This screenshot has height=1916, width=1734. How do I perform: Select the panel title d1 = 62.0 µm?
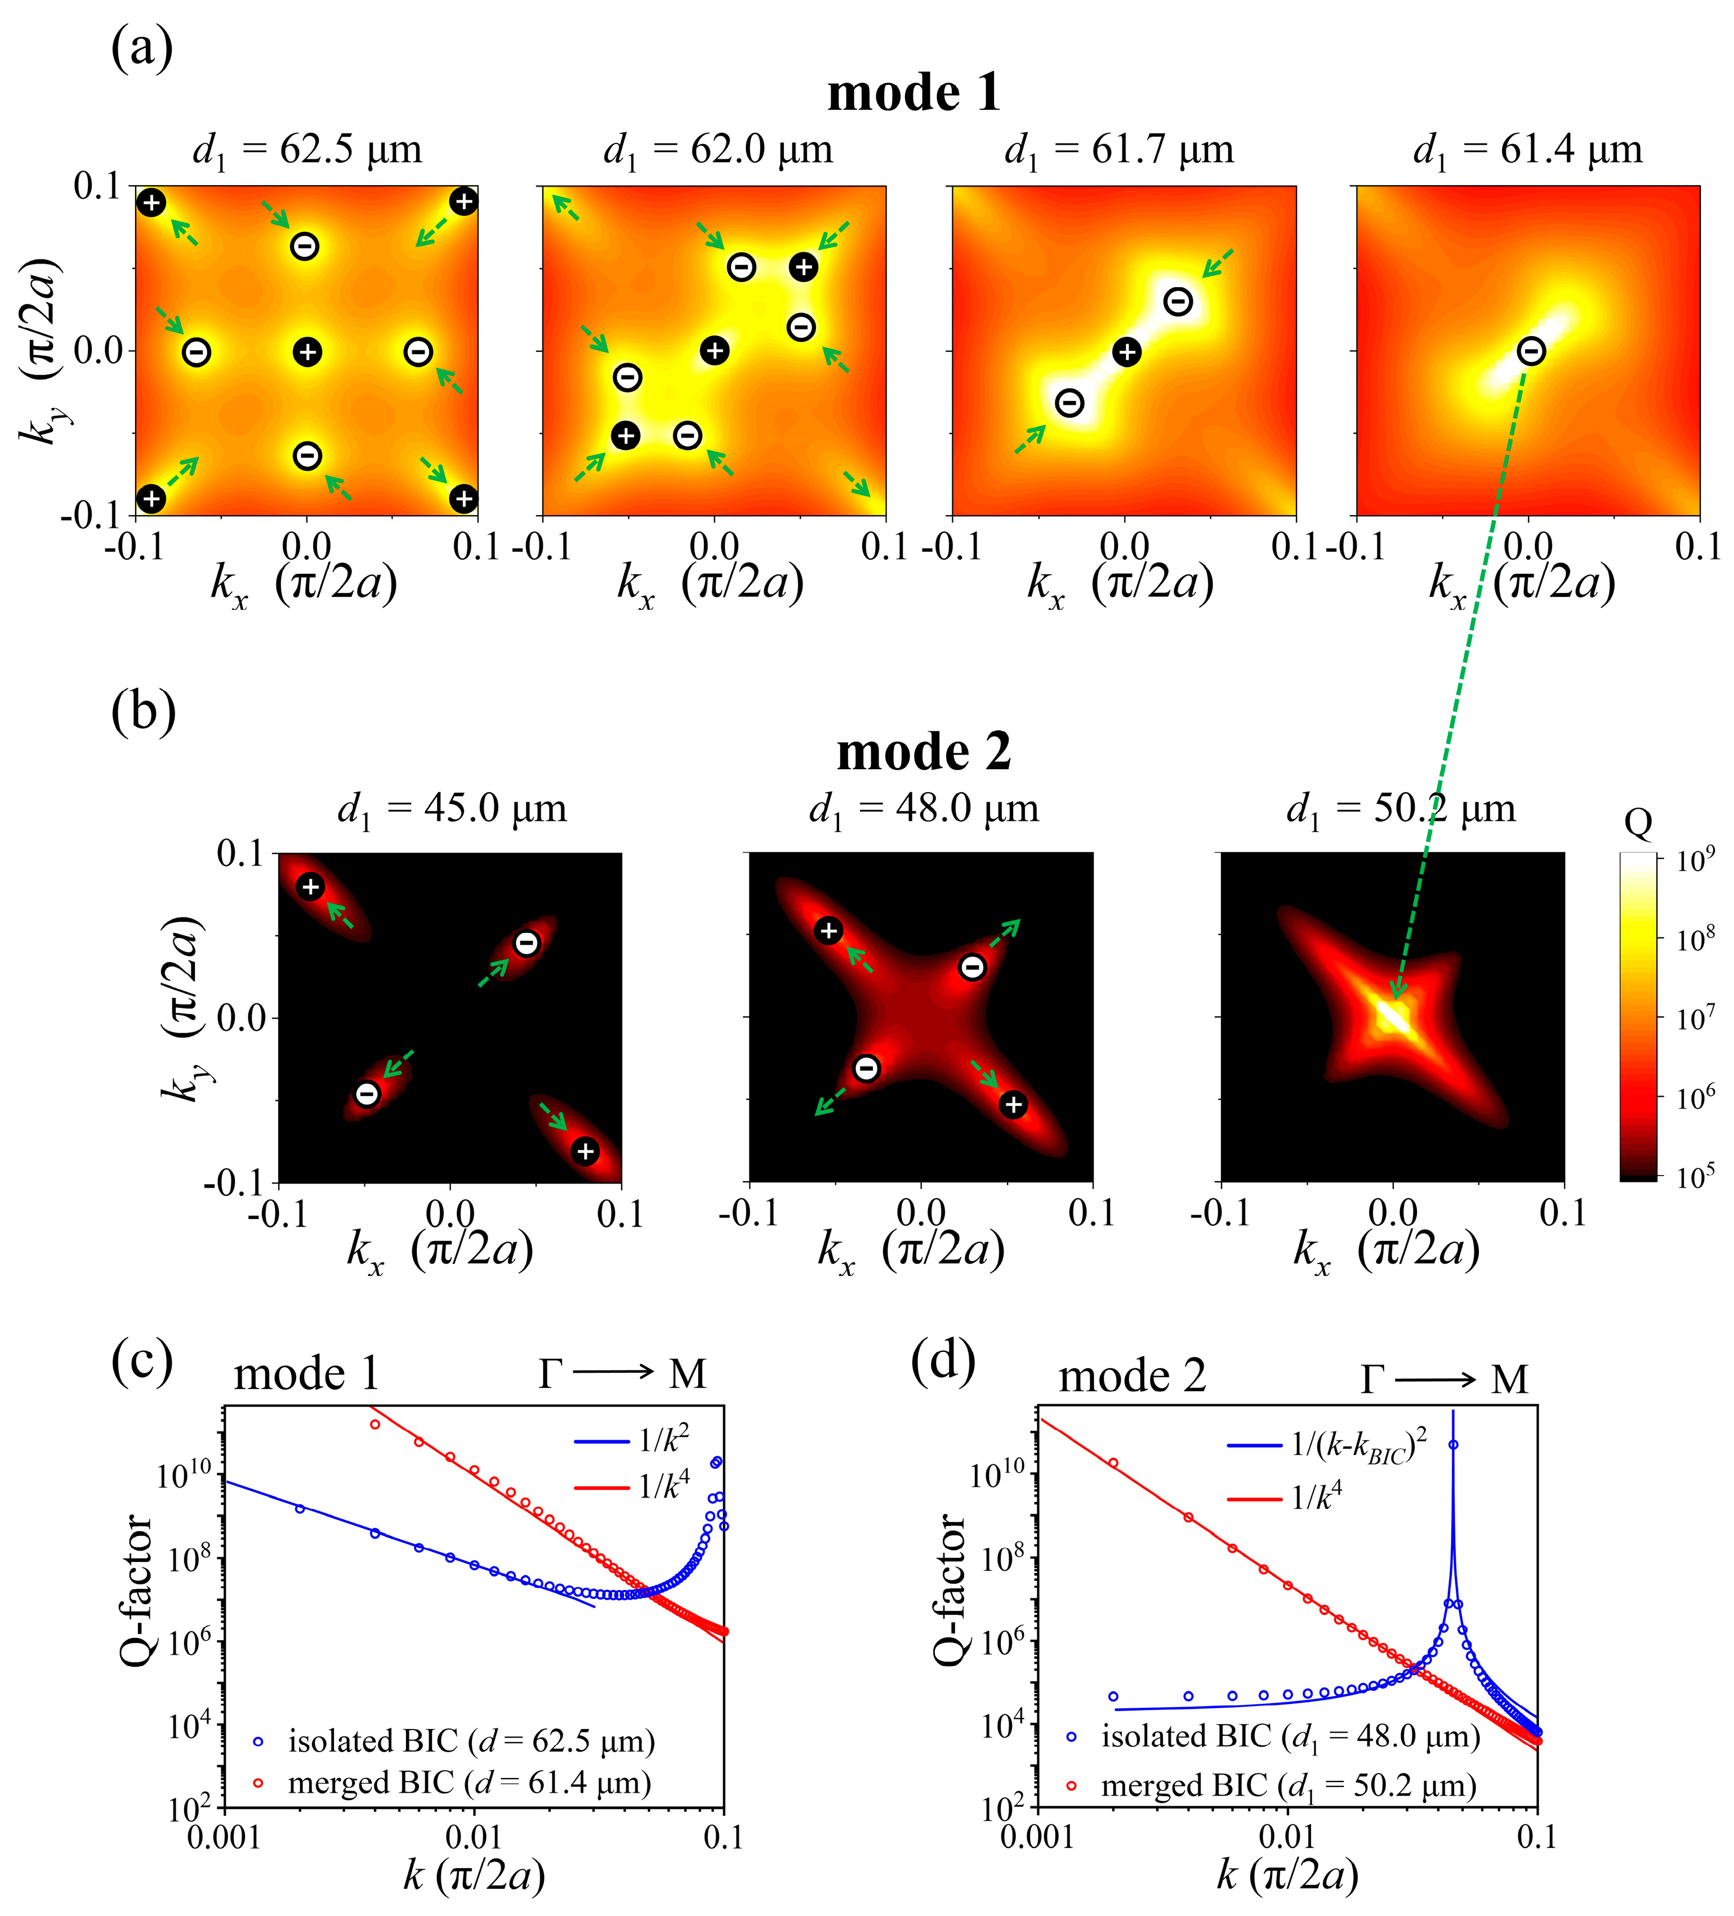717,150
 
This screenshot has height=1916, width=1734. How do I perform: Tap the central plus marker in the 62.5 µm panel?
306,352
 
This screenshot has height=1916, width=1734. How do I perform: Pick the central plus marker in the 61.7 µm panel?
1126,352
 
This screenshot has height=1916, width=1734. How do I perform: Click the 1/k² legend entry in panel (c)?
663,1441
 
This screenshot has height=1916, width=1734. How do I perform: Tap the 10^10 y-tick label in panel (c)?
185,1475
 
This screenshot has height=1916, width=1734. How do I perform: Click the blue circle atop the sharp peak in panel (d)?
1452,1445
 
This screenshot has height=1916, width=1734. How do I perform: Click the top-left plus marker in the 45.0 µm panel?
310,887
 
